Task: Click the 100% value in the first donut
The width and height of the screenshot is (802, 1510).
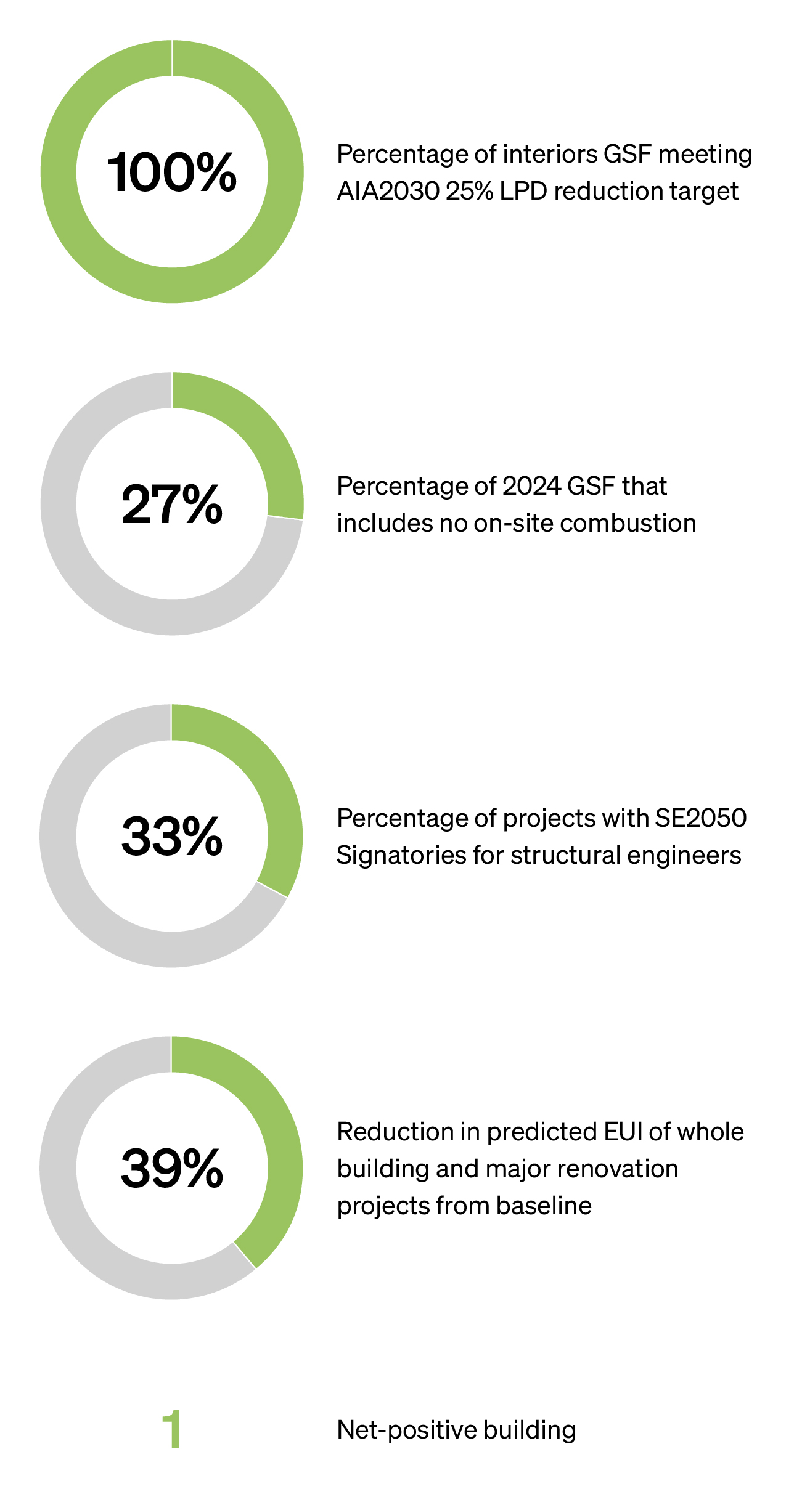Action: pyautogui.click(x=172, y=173)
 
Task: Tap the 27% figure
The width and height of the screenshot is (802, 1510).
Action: pyautogui.click(x=172, y=505)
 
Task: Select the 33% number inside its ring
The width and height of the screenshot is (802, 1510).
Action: pyautogui.click(x=172, y=837)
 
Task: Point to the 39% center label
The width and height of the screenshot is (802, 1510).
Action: pyautogui.click(x=172, y=1169)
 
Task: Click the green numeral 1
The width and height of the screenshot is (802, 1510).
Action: pyautogui.click(x=172, y=1429)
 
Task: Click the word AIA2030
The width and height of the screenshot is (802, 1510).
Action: pyautogui.click(x=388, y=192)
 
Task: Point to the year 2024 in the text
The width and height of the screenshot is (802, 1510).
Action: pyautogui.click(x=531, y=487)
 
